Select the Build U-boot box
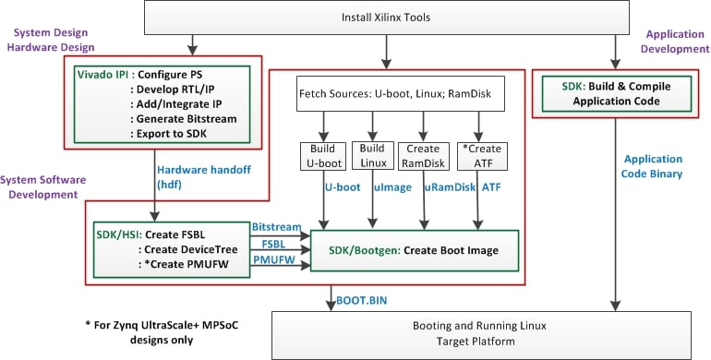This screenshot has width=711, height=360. pyautogui.click(x=322, y=156)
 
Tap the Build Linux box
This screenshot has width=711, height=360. pyautogui.click(x=372, y=156)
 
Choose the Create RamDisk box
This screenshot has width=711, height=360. pyautogui.click(x=424, y=156)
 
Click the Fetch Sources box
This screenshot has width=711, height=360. pyautogui.click(x=399, y=95)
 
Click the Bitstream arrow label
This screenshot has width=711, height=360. pyautogui.click(x=274, y=226)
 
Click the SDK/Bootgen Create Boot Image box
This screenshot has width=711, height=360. pyautogui.click(x=414, y=250)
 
